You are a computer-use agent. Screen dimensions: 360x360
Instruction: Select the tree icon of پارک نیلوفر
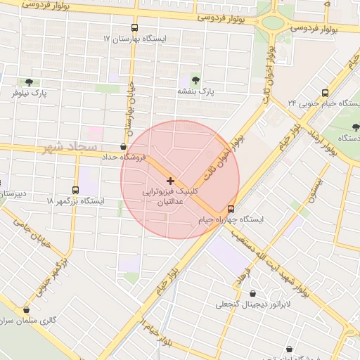(28, 82)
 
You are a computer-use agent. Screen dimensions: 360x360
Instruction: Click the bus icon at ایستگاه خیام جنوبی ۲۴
(325, 92)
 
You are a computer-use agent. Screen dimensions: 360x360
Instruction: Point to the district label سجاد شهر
(68, 147)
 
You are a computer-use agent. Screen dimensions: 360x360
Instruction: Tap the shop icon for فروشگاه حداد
(124, 146)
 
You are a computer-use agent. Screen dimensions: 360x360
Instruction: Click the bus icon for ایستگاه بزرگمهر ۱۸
(75, 190)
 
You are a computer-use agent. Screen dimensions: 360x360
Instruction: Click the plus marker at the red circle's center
(169, 181)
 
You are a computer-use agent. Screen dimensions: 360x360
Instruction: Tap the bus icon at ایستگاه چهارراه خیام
(231, 209)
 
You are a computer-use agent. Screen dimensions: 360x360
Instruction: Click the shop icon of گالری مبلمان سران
(27, 309)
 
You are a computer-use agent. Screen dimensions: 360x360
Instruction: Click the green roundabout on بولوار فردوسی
(270, 22)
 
